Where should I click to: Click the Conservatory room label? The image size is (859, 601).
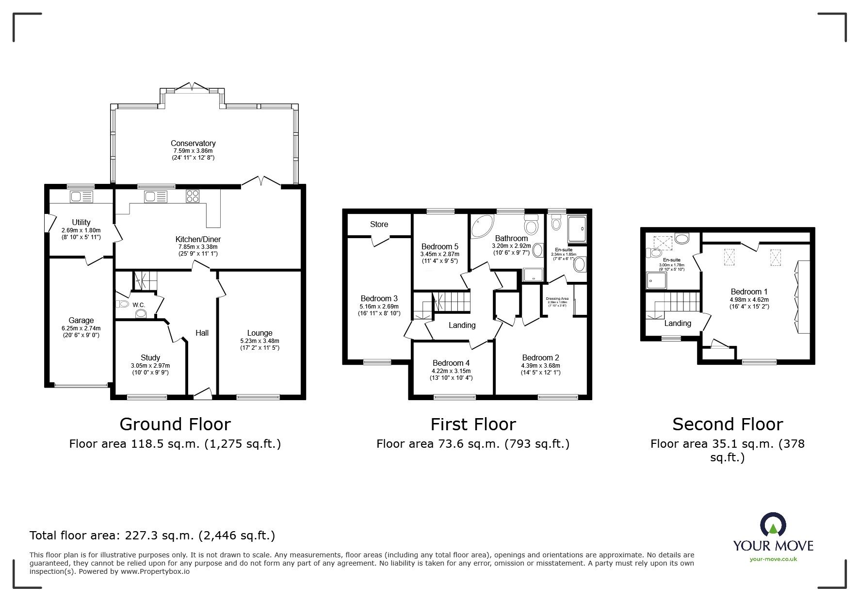pos(193,143)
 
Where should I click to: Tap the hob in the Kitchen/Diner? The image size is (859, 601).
pos(192,196)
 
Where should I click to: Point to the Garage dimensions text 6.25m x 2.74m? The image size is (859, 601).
pos(81,328)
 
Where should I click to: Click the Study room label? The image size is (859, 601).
pos(150,357)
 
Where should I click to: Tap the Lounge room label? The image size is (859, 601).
pos(259,333)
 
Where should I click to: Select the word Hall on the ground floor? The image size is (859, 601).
pos(202,332)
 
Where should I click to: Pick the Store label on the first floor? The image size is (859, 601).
pos(379,224)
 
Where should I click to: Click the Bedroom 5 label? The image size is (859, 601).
pos(439,246)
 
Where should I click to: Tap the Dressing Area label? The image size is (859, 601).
pos(557,299)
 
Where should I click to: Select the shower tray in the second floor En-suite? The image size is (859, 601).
pos(656,281)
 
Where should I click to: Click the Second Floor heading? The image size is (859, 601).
pos(727,424)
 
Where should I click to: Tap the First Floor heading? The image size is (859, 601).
pos(473,424)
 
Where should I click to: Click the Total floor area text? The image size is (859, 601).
pos(152,536)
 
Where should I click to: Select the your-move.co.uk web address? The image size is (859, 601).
pos(773,559)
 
